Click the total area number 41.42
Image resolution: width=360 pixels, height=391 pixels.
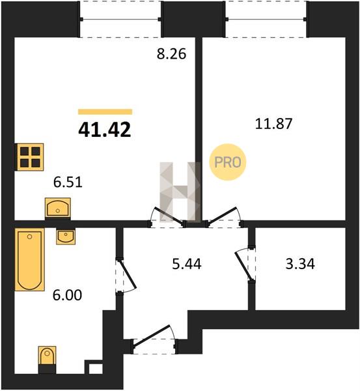pos(105,130)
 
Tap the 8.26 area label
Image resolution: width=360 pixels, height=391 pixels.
pos(171,53)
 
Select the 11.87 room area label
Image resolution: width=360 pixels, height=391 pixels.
pos(273,124)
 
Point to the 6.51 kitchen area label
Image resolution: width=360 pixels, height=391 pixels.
pos(68,182)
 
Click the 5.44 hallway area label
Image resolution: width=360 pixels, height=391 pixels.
pos(187,264)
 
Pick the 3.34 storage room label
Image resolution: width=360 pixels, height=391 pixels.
pos(300,264)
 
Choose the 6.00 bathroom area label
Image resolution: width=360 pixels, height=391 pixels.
pos(67,295)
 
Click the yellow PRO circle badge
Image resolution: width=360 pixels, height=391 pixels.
pos(227,162)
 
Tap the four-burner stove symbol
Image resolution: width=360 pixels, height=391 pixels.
pos(31,157)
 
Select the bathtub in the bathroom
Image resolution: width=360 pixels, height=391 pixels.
pos(30,259)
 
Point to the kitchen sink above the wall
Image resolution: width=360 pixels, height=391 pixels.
pos(58,209)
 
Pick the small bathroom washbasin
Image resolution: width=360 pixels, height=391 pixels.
pos(66,237)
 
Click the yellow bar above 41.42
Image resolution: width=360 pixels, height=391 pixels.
pos(105,111)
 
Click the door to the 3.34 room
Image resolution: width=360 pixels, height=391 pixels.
pos(244,265)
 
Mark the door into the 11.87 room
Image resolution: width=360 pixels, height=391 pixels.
pos(223,216)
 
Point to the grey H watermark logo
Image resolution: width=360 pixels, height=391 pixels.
pos(180,192)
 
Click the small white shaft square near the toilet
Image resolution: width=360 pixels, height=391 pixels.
pos(96,369)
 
